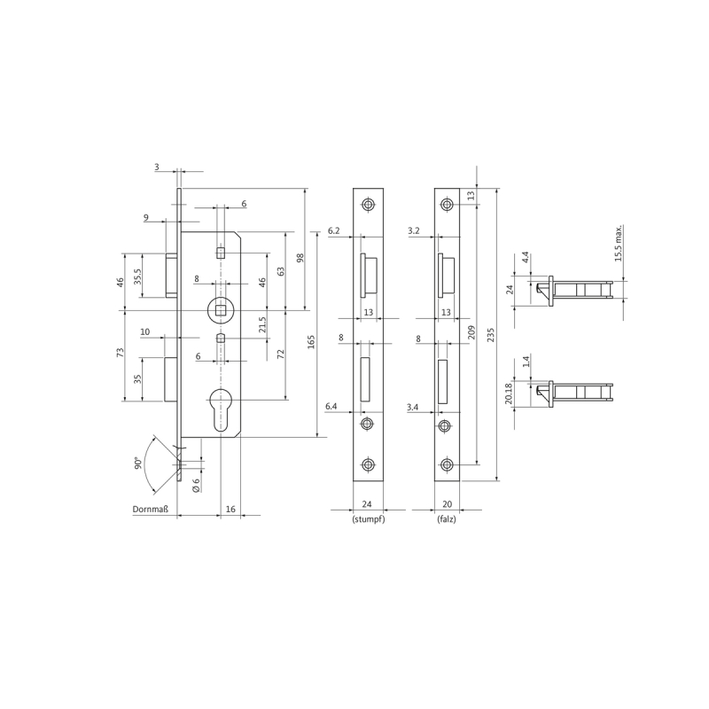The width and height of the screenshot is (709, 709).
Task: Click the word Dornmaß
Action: (150, 510)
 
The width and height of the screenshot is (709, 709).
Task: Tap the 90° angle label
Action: (138, 463)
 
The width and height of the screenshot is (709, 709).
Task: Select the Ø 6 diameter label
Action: (196, 485)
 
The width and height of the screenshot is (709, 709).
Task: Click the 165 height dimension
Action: (311, 341)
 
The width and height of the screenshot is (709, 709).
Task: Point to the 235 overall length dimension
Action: (491, 335)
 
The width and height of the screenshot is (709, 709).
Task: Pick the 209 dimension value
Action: (471, 332)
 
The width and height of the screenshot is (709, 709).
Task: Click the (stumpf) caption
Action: (369, 519)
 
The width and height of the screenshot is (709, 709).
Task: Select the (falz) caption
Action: (447, 519)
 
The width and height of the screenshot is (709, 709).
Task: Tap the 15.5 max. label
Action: (618, 243)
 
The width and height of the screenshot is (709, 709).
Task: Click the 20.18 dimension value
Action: (509, 393)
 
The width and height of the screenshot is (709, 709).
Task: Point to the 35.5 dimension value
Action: (138, 277)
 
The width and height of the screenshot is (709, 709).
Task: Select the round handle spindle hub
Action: (221, 310)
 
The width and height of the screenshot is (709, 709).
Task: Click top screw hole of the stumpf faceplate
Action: (368, 205)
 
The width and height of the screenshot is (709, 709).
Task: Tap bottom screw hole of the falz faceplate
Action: (447, 464)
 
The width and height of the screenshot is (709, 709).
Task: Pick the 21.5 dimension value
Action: (262, 324)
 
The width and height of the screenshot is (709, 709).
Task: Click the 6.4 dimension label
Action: (331, 407)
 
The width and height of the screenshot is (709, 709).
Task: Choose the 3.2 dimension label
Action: (414, 230)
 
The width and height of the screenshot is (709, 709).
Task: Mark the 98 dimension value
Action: (300, 258)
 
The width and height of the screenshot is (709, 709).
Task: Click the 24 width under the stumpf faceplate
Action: (367, 504)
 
